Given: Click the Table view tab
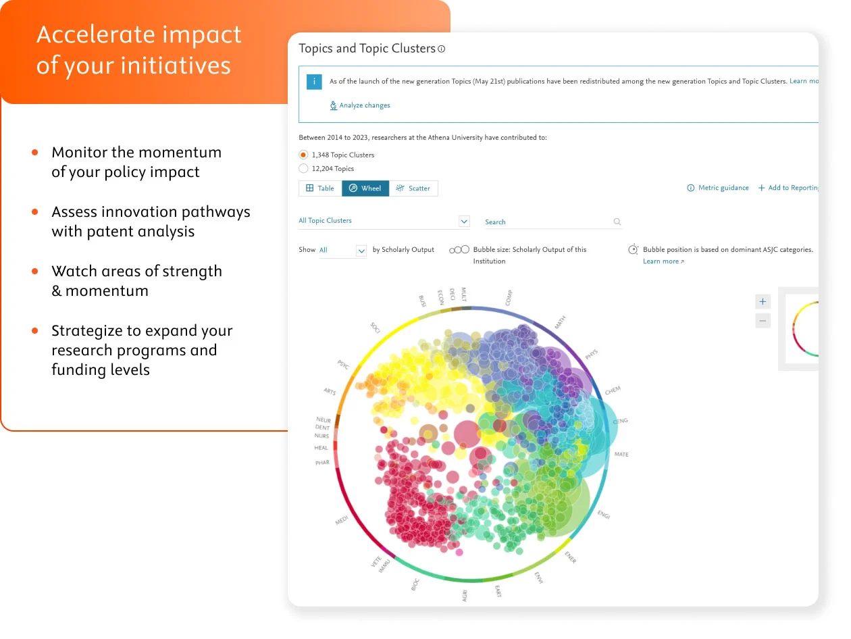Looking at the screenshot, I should click(x=320, y=188).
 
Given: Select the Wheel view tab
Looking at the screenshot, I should click(x=365, y=188).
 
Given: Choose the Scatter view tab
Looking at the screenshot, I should click(x=413, y=188).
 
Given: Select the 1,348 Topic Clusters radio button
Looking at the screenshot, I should click(x=303, y=155).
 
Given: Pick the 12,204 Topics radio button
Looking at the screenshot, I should click(x=303, y=169).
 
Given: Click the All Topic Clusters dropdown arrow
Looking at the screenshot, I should click(x=464, y=221).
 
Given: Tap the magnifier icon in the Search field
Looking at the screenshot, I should click(x=617, y=222).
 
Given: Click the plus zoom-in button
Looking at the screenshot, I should click(x=763, y=302).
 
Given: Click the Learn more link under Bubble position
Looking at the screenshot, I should click(x=663, y=261).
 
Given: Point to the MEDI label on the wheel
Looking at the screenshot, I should click(x=342, y=521).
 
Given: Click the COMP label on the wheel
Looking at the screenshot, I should click(x=509, y=297).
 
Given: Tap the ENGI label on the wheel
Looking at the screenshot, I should click(x=604, y=515).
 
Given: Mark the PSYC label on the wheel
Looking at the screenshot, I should click(x=343, y=365).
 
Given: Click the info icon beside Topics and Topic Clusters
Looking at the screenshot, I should click(x=442, y=49).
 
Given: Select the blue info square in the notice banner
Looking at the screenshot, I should click(x=313, y=82).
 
